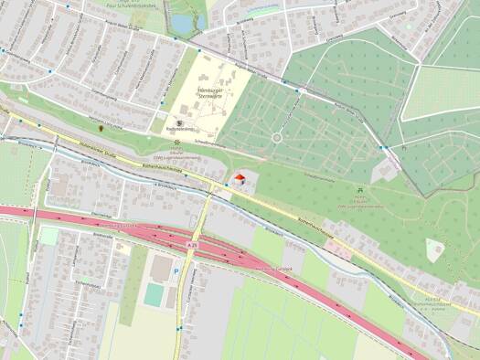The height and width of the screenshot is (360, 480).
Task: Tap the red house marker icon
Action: pos(240,178)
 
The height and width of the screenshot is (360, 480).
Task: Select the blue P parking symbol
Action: pos(177,271)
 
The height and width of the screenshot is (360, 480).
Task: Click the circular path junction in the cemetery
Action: pos(276,138)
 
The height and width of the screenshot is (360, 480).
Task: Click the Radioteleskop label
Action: pos(182,130)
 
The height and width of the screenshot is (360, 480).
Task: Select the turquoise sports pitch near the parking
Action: pos(155,294)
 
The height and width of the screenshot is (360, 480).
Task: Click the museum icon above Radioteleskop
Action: pos(180,121)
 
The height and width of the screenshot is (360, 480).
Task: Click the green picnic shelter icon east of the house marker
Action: pos(359,190)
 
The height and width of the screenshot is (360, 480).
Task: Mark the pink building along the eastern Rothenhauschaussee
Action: pos(435,247)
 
